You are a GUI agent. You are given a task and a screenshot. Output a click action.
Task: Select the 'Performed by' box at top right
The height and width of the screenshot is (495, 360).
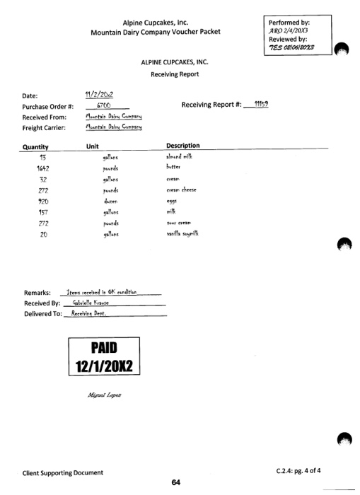pos(296,33)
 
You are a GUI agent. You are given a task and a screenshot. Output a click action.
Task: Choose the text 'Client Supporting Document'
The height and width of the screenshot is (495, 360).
pos(62,472)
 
